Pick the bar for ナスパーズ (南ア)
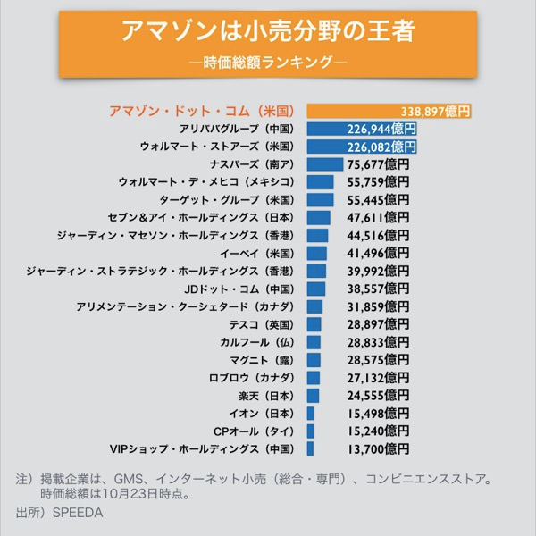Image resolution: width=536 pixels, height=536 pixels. pos(324,164)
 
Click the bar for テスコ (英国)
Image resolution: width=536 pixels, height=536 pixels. pos(314,324)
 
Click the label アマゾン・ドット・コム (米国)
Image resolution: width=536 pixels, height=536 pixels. pos(201,112)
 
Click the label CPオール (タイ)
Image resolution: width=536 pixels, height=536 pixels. pos(253,431)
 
